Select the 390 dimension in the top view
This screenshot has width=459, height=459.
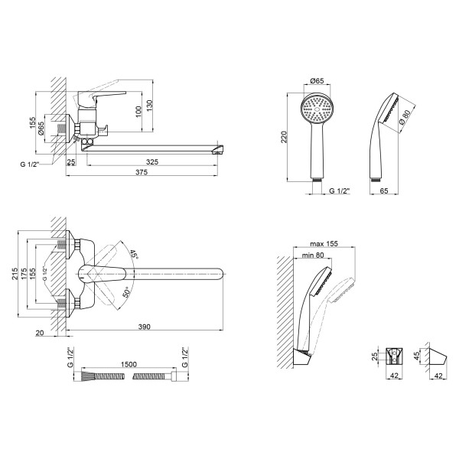[x=143, y=327]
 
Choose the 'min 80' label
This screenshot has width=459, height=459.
[x=314, y=256]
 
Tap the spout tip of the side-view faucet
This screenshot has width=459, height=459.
[x=221, y=147]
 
